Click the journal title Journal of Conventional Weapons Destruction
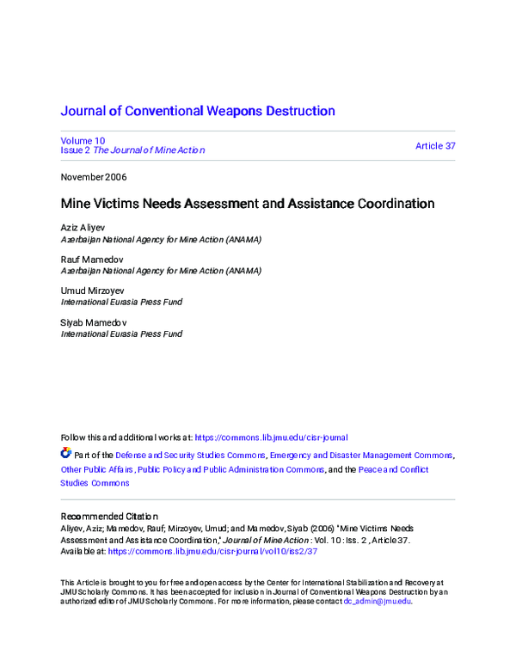click(197, 111)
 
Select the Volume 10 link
click(83, 140)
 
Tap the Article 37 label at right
click(435, 146)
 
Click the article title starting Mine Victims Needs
click(247, 205)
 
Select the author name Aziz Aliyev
click(82, 229)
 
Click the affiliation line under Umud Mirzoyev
click(121, 303)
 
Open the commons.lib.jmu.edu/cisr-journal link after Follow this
click(272, 438)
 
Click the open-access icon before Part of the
click(66, 453)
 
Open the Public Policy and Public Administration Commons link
click(231, 470)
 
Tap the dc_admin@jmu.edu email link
click(377, 602)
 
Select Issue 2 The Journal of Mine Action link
click(132, 150)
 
